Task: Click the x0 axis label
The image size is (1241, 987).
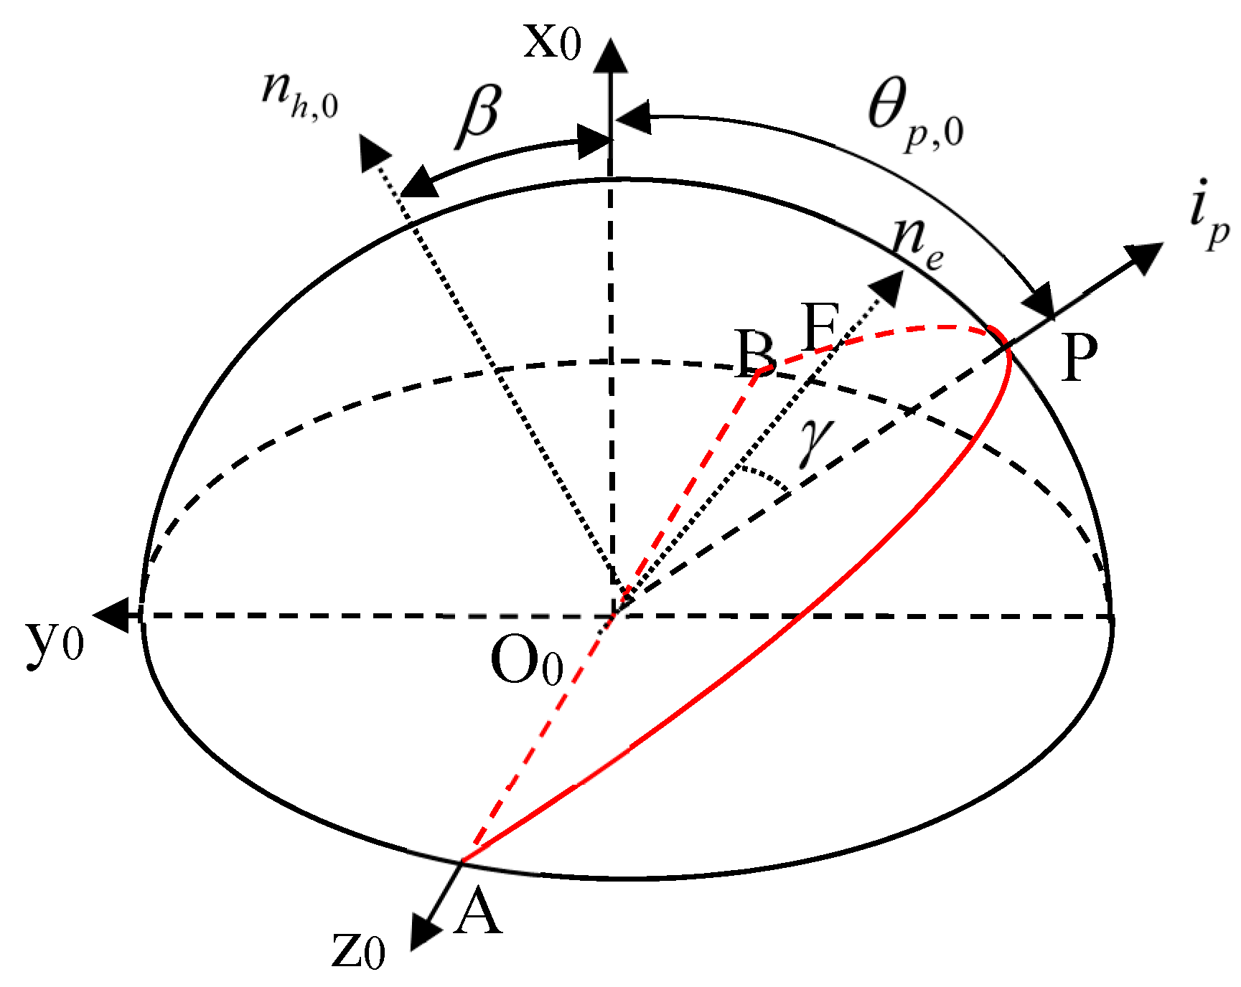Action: pos(551,43)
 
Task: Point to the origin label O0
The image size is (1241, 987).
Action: pos(526,661)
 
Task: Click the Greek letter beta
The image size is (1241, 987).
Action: pos(479,115)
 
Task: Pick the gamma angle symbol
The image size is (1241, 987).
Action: pos(818,441)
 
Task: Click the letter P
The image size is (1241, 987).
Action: pos(1079,359)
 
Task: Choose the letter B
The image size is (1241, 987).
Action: pos(755,353)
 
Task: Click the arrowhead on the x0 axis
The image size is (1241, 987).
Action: pos(611,56)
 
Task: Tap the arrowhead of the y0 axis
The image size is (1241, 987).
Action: pos(111,615)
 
